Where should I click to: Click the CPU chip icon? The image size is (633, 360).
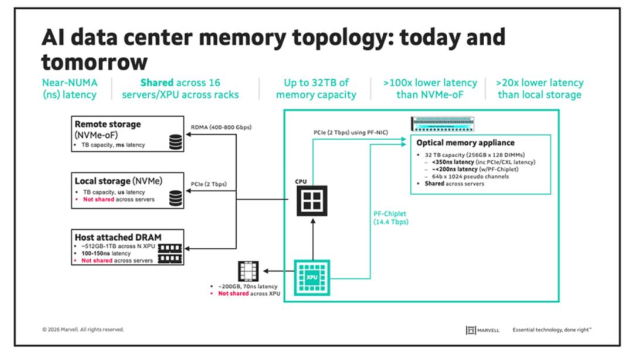pos(312,201)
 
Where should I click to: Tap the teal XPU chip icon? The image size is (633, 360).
pos(312,277)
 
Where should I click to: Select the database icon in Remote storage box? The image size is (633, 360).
pos(176,142)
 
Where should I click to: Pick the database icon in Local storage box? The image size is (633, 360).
pos(176,198)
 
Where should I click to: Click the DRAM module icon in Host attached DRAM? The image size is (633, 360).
pos(169,254)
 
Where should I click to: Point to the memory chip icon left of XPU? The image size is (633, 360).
pos(248,271)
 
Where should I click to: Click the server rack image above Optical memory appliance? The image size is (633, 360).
pos(443,124)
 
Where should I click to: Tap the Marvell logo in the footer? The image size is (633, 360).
pos(482,330)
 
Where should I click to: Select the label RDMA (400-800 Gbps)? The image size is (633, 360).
pos(221,127)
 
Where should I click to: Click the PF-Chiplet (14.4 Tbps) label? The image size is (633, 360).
pos(391,218)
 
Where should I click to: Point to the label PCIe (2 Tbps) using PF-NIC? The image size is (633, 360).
pos(351,133)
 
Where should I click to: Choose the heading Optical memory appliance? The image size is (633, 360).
pos(465,142)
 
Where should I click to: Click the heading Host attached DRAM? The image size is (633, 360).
pos(118,237)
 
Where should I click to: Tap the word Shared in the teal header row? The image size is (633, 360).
pos(156,83)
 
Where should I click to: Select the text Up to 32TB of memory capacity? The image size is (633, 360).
pos(316,89)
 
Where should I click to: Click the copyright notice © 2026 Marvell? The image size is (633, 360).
pos(83,330)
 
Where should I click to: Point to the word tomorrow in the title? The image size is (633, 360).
pos(94,62)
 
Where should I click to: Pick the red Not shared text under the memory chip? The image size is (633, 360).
pos(233,293)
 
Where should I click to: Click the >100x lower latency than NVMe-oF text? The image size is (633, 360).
pos(430,89)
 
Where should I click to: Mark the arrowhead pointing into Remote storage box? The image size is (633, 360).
pos(188,134)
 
